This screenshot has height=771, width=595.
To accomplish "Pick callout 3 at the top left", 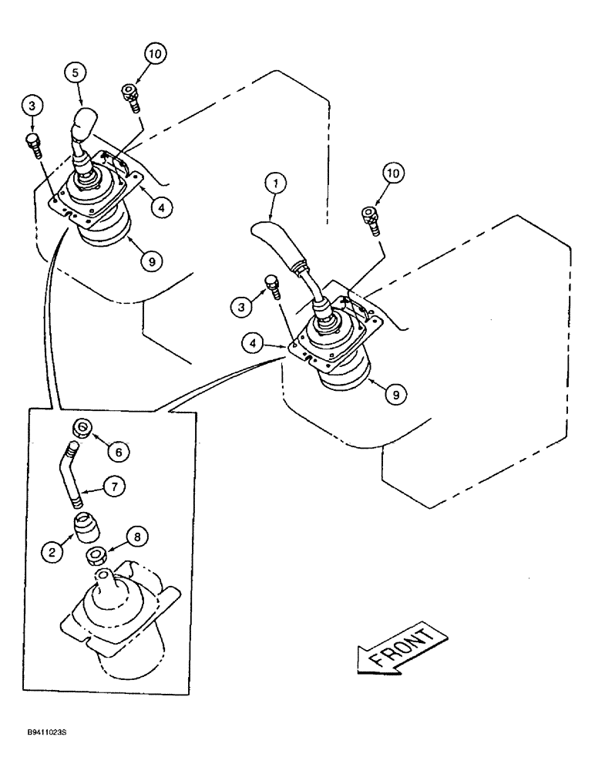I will point(31,105).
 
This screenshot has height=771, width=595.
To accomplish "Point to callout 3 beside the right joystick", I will point(241,306).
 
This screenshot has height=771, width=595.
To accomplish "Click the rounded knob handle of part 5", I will point(84,122).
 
